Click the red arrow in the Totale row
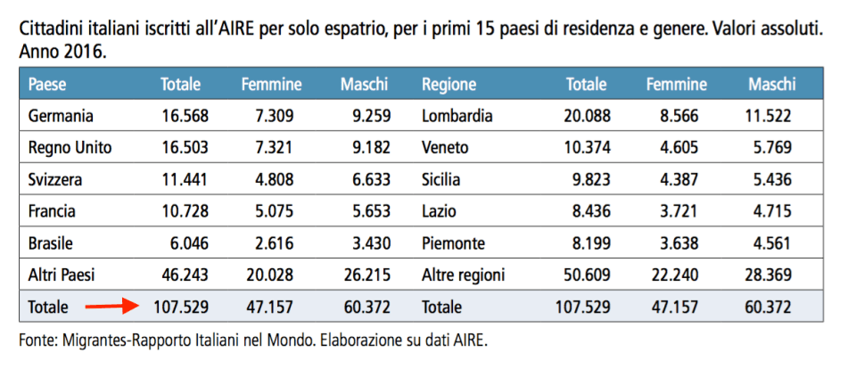(111, 307)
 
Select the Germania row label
(61, 115)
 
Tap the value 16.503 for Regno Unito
(184, 147)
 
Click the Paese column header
(47, 85)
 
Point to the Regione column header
(449, 85)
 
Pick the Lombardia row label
(457, 115)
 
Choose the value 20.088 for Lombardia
(585, 115)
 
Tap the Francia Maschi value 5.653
(366, 211)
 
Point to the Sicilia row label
(441, 179)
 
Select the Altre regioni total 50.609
(585, 275)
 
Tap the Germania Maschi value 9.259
(366, 115)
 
